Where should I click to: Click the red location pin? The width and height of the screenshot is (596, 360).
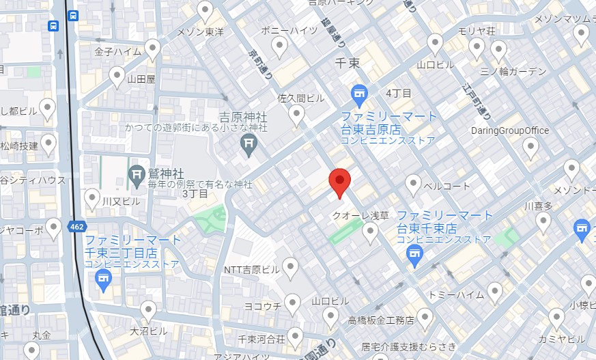[339, 182]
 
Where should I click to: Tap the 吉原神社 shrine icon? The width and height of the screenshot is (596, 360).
[249, 143]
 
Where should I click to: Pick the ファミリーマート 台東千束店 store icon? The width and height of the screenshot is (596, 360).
[413, 255]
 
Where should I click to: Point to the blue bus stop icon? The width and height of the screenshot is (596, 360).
[53, 25]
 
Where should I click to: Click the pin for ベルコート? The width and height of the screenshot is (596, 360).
[413, 183]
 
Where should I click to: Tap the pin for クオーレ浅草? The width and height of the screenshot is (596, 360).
[370, 232]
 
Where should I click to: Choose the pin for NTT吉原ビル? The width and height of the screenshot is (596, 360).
[291, 267]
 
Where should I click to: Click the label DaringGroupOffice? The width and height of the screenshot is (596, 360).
[510, 130]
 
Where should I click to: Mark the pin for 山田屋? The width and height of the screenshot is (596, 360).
[117, 76]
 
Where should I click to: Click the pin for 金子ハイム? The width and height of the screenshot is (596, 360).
[152, 49]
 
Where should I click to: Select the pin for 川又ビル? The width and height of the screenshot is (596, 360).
[92, 198]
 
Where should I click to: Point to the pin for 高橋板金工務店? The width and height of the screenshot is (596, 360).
[425, 317]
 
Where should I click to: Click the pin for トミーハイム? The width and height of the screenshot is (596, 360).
[494, 292]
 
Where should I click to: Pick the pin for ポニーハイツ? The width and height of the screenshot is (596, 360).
[279, 46]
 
